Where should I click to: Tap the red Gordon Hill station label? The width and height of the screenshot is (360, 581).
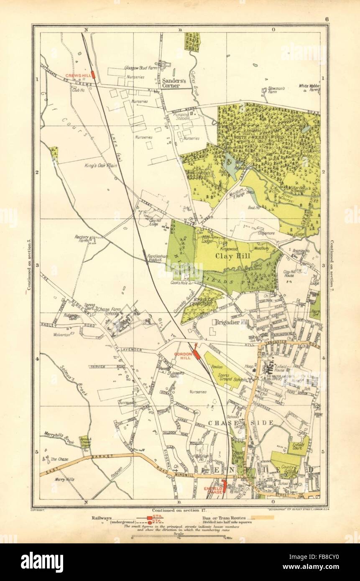pos(183,355)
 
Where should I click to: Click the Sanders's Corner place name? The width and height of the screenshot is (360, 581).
pos(174,83)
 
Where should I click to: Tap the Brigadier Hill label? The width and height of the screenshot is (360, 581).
pos(230,322)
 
